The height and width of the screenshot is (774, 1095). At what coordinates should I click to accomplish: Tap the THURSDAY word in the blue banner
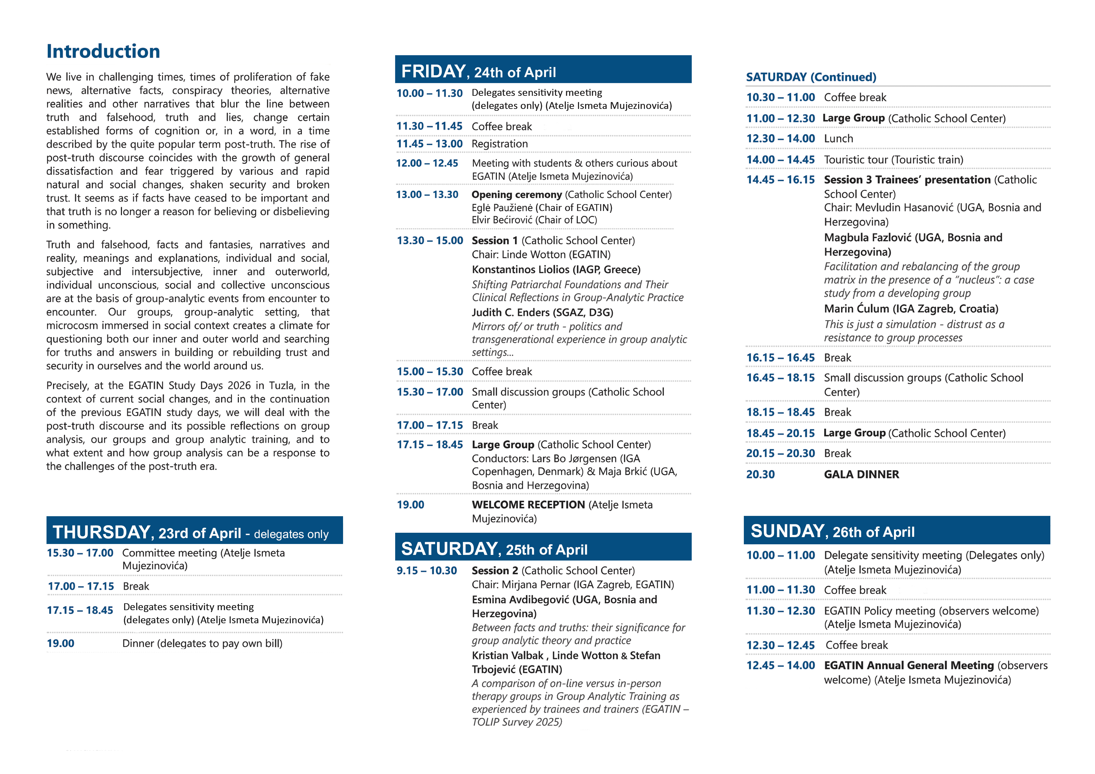tap(101, 532)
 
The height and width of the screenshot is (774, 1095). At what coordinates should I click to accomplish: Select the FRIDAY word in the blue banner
tap(433, 71)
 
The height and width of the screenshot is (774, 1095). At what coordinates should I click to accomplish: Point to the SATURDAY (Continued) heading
tap(811, 77)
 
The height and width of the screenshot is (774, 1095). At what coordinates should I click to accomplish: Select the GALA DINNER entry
tap(861, 474)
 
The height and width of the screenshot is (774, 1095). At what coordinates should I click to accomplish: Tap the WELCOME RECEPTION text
tap(528, 505)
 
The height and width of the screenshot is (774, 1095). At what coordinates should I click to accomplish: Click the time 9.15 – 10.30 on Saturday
tap(426, 571)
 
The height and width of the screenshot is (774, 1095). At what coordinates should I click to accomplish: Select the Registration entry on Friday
tap(499, 144)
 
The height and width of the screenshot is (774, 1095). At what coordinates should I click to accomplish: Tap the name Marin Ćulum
tap(856, 309)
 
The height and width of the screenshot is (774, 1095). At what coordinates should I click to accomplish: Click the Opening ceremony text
tap(517, 194)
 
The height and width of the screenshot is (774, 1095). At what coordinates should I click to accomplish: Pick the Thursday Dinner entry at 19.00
tap(202, 643)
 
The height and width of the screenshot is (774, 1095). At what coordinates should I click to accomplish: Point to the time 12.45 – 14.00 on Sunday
tap(780, 666)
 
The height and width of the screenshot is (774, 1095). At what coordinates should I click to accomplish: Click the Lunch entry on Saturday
tap(838, 139)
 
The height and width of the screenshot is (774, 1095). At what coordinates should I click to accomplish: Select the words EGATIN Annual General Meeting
tap(909, 666)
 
